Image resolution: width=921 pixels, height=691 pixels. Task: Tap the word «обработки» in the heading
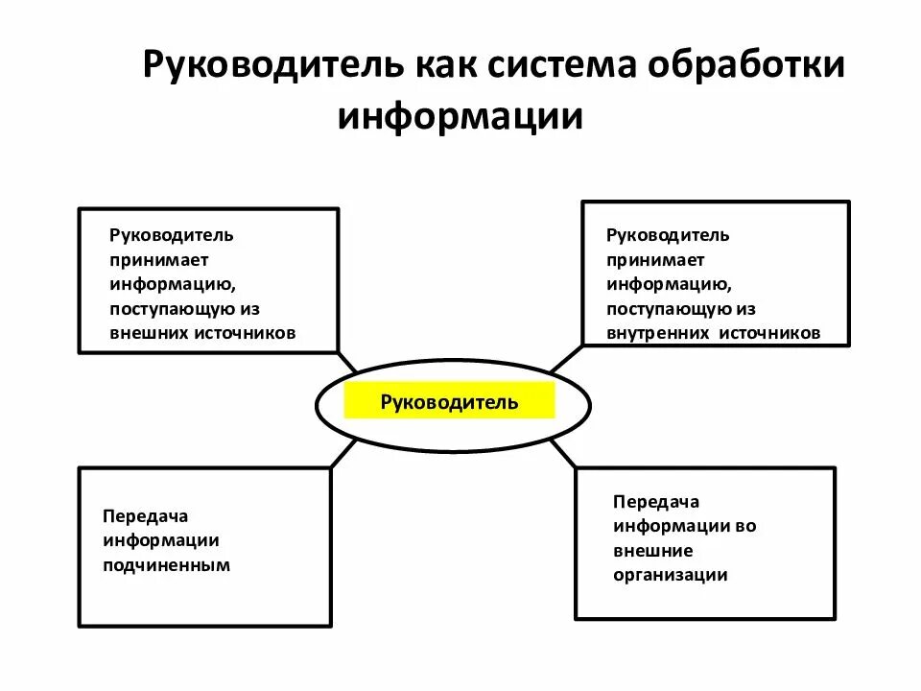(747, 68)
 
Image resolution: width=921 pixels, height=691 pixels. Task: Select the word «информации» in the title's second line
(460, 116)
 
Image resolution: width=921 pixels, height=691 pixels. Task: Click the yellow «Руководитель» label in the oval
(449, 401)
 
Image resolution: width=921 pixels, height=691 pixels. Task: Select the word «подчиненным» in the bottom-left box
(167, 565)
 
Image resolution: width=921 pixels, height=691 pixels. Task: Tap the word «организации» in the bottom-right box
(671, 576)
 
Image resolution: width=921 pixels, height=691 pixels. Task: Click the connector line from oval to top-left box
(346, 361)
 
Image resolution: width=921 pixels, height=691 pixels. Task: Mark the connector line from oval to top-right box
(565, 358)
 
